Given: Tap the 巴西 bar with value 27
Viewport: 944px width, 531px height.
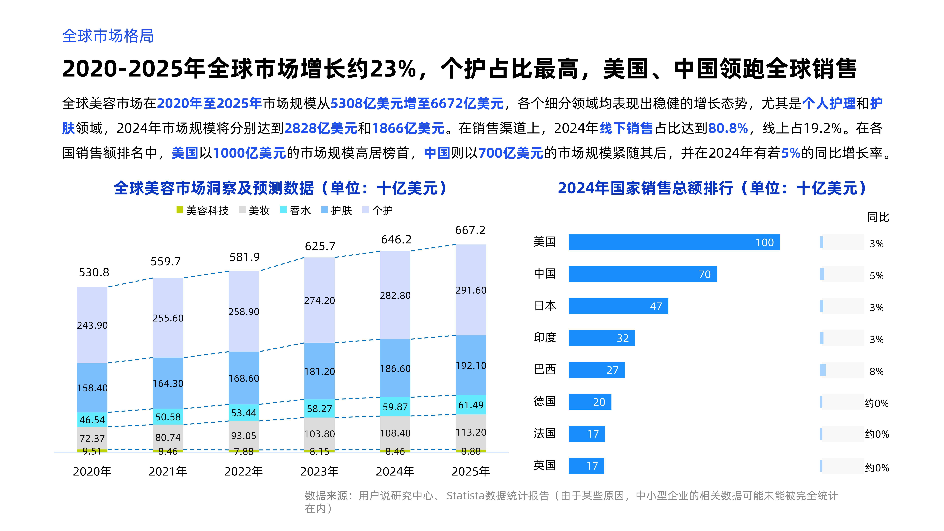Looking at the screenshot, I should (x=596, y=370).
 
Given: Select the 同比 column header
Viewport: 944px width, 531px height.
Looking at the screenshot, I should (x=878, y=217).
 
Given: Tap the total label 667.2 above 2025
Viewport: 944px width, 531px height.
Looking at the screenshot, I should (x=470, y=230).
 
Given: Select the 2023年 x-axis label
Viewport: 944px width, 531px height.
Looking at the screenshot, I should (x=319, y=471).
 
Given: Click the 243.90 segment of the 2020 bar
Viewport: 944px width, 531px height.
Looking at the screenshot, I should (x=92, y=325).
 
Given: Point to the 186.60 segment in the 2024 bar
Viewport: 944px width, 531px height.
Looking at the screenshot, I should (x=395, y=368).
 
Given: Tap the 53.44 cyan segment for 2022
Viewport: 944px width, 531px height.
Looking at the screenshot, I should (x=244, y=413).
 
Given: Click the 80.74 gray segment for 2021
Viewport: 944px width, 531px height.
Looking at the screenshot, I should (x=168, y=437).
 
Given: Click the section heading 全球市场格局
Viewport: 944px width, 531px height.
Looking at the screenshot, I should (x=108, y=36).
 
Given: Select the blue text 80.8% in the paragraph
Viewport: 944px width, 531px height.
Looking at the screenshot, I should (x=728, y=128).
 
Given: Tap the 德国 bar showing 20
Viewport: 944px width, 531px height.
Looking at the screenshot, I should (x=590, y=402).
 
